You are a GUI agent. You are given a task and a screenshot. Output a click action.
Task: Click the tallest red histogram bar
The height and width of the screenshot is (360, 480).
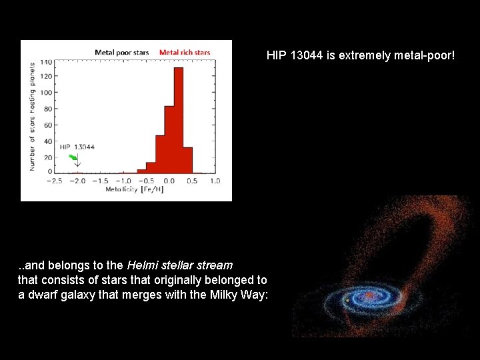point(178,120)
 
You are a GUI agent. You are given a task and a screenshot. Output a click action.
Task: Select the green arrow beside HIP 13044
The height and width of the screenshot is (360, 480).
point(73,157)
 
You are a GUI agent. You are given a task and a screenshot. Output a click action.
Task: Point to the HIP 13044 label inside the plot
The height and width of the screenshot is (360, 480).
point(77,147)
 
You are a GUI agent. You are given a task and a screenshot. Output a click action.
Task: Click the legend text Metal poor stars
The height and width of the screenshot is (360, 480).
point(122,52)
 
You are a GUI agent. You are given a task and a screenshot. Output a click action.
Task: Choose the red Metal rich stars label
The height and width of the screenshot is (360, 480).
point(185,52)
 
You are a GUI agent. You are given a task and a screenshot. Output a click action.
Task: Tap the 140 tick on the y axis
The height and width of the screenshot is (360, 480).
point(46,62)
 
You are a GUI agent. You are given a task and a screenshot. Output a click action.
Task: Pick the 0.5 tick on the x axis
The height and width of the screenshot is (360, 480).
point(192,181)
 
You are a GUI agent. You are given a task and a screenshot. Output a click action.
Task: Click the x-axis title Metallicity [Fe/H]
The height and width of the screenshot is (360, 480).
point(134,190)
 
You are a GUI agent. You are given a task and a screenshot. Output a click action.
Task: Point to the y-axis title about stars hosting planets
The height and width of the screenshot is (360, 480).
point(31,117)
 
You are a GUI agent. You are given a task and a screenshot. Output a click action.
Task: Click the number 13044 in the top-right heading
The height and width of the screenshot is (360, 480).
point(307,55)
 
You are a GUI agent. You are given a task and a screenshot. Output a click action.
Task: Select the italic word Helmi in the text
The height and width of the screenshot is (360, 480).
point(143,265)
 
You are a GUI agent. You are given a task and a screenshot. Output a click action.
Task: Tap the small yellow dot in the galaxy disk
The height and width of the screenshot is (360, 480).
point(347,301)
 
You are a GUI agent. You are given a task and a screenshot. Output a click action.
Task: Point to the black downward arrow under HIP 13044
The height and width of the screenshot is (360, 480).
point(77,162)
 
